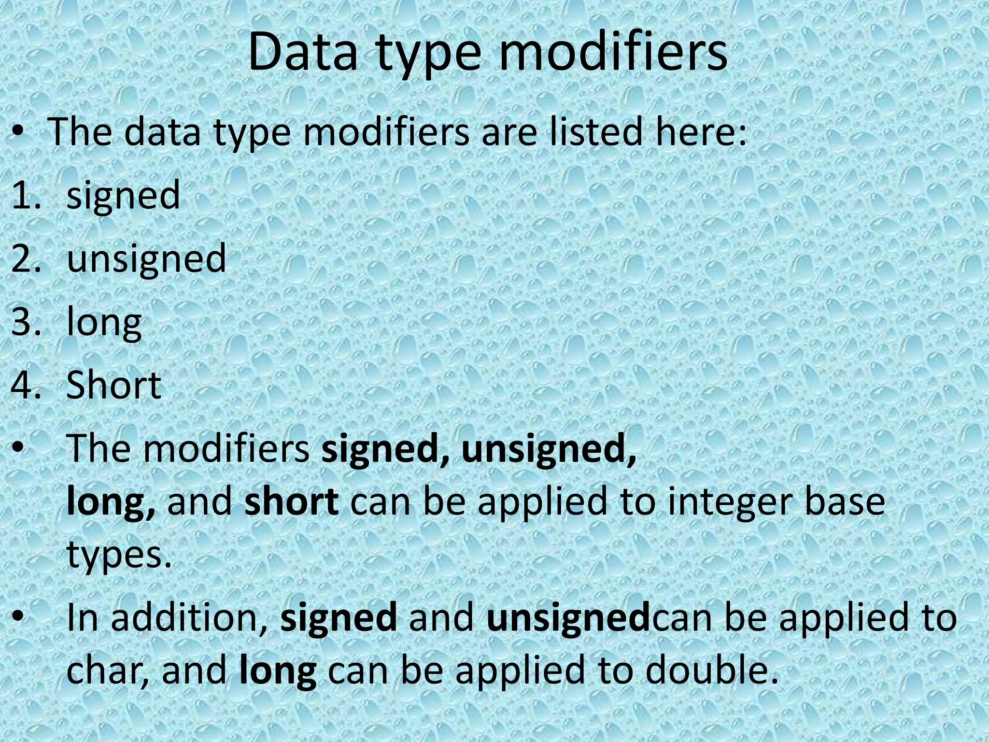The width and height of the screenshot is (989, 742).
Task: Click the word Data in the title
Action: click(x=302, y=52)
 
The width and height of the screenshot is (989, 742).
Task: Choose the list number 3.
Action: click(x=26, y=322)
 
